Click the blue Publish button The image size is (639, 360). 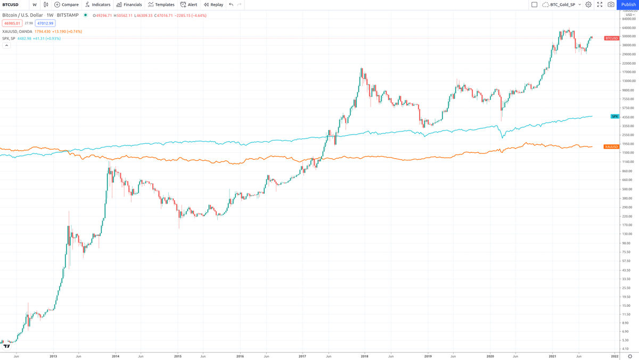(x=628, y=5)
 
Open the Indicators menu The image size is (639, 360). (x=97, y=5)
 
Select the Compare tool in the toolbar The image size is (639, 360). (x=67, y=5)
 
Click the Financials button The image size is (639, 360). (x=129, y=5)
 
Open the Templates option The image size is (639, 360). (x=161, y=5)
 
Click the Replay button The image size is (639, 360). (x=214, y=5)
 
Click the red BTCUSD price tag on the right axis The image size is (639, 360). (x=611, y=38)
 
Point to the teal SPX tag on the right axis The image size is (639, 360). (x=615, y=116)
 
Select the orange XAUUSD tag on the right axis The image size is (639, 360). (x=611, y=146)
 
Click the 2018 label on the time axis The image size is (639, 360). (x=365, y=355)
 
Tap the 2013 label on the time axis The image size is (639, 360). (x=53, y=355)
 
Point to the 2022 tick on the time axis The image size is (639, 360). (x=615, y=355)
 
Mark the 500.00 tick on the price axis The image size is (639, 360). (x=627, y=189)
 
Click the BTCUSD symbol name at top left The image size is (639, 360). (x=11, y=5)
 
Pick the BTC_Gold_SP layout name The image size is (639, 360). (x=562, y=5)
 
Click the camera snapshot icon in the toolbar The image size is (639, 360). (x=611, y=5)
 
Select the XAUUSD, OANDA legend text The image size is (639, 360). (x=17, y=31)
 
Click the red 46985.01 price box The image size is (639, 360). (x=11, y=23)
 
